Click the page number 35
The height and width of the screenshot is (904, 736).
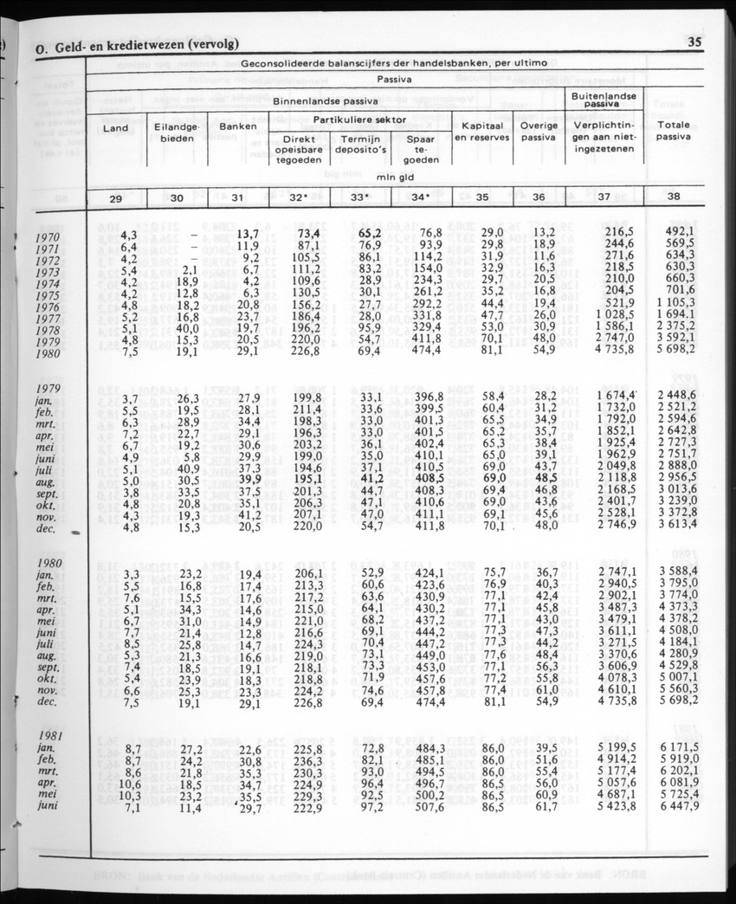coord(694,42)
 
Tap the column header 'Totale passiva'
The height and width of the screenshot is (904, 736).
coord(674,131)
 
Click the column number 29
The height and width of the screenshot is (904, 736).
coord(115,197)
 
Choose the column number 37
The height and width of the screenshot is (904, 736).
coord(604,197)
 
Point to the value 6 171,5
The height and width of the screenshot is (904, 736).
coord(675,746)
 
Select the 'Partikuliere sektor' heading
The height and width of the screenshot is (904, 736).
coord(360,119)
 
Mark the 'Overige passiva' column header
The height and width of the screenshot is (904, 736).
coord(539,131)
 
